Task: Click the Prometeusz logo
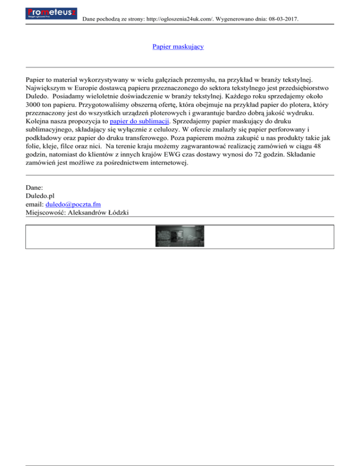52,13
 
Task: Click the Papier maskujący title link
178,47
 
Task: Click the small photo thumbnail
180,237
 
